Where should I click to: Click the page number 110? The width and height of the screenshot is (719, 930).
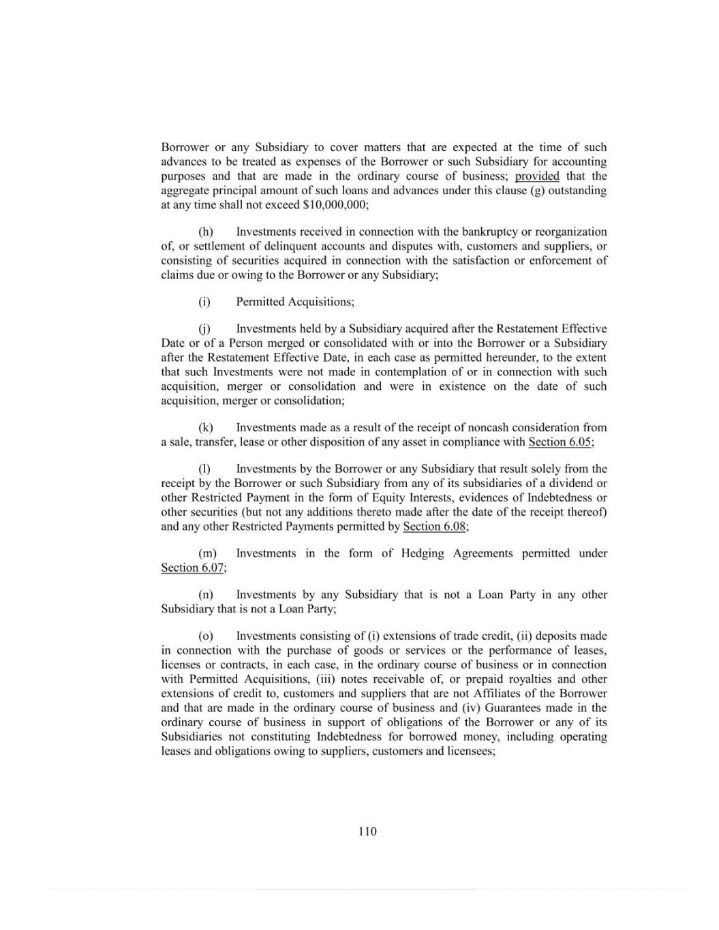tap(367, 831)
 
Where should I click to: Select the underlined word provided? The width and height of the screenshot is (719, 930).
tap(537, 176)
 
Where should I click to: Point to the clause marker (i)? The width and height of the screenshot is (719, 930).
tap(204, 302)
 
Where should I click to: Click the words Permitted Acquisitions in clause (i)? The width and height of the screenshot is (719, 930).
tap(294, 302)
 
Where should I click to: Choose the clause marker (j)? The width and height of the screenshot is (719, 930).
tap(204, 329)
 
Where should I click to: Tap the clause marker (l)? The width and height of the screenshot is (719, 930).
tap(204, 469)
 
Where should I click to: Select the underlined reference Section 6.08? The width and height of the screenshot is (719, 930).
tap(435, 527)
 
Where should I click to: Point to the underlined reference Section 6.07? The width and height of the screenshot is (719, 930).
tap(193, 568)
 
